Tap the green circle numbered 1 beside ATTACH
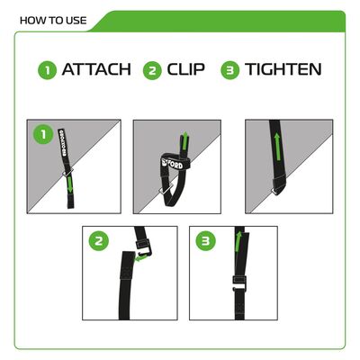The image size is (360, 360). (47, 70)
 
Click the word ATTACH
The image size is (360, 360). (96, 70)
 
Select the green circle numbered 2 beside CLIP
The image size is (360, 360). (151, 70)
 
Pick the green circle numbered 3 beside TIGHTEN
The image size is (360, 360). (230, 70)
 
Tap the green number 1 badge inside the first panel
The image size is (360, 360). (39, 134)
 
